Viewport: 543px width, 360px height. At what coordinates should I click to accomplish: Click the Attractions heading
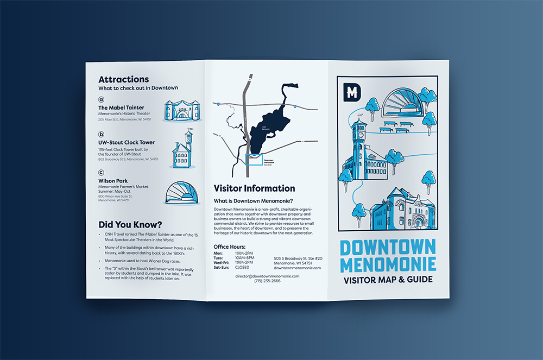pyautogui.click(x=123, y=79)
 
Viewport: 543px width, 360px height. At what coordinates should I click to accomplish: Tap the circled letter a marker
pyautogui.click(x=101, y=100)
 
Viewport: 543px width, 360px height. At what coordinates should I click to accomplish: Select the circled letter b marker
pyautogui.click(x=101, y=134)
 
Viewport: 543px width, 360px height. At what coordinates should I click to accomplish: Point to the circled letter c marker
pyautogui.click(x=101, y=173)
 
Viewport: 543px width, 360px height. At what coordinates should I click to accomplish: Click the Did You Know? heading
pyautogui.click(x=130, y=224)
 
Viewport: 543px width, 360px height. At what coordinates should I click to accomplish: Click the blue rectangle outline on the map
pyautogui.click(x=255, y=160)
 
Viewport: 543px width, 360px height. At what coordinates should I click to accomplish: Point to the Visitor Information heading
pyautogui.click(x=254, y=188)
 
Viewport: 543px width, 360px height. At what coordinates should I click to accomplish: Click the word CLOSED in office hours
pyautogui.click(x=242, y=267)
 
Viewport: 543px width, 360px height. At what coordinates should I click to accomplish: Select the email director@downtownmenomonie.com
pyautogui.click(x=267, y=276)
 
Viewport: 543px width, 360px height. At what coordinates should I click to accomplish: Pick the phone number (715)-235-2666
pyautogui.click(x=267, y=281)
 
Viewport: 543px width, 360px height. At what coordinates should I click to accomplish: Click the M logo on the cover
pyautogui.click(x=352, y=92)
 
